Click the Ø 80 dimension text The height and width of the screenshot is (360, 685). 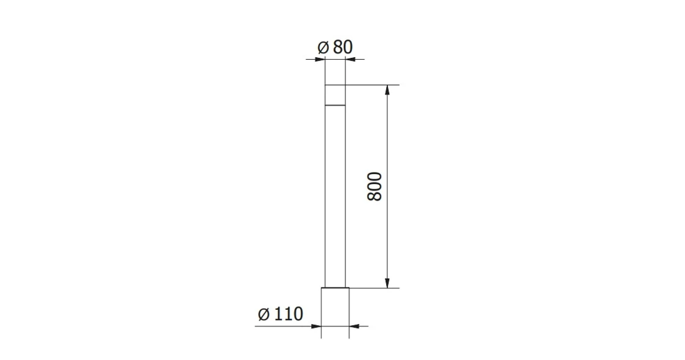click(x=335, y=47)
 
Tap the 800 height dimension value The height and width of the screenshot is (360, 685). click(x=375, y=186)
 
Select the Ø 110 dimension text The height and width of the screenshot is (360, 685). click(x=280, y=314)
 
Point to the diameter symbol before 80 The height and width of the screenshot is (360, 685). click(x=322, y=48)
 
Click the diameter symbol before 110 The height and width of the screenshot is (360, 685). click(x=263, y=315)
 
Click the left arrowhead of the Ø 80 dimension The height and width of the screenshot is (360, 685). click(x=321, y=59)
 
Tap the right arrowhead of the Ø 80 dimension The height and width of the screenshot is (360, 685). click(x=349, y=59)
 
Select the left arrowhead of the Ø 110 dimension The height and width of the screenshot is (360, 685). click(x=317, y=325)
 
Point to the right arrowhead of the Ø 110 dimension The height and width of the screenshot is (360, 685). click(x=353, y=325)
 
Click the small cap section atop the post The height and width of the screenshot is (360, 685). click(x=335, y=95)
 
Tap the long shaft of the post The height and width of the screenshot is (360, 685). click(x=335, y=195)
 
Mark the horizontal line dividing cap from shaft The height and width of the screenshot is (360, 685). click(x=335, y=105)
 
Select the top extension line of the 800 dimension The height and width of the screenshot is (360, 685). click(x=372, y=85)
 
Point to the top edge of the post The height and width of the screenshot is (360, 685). click(x=335, y=85)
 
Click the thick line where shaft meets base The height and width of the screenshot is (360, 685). click(x=335, y=288)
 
